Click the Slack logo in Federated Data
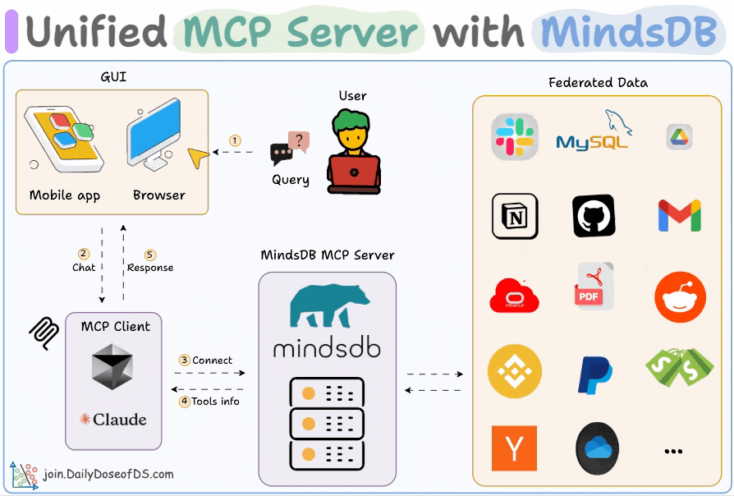(514, 137)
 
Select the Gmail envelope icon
(679, 215)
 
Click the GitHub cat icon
(594, 216)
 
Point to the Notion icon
(515, 216)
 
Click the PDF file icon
(594, 287)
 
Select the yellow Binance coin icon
(515, 371)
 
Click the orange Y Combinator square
(515, 448)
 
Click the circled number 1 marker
(235, 140)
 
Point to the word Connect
(212, 360)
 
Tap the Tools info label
(215, 402)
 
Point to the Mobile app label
(65, 195)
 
